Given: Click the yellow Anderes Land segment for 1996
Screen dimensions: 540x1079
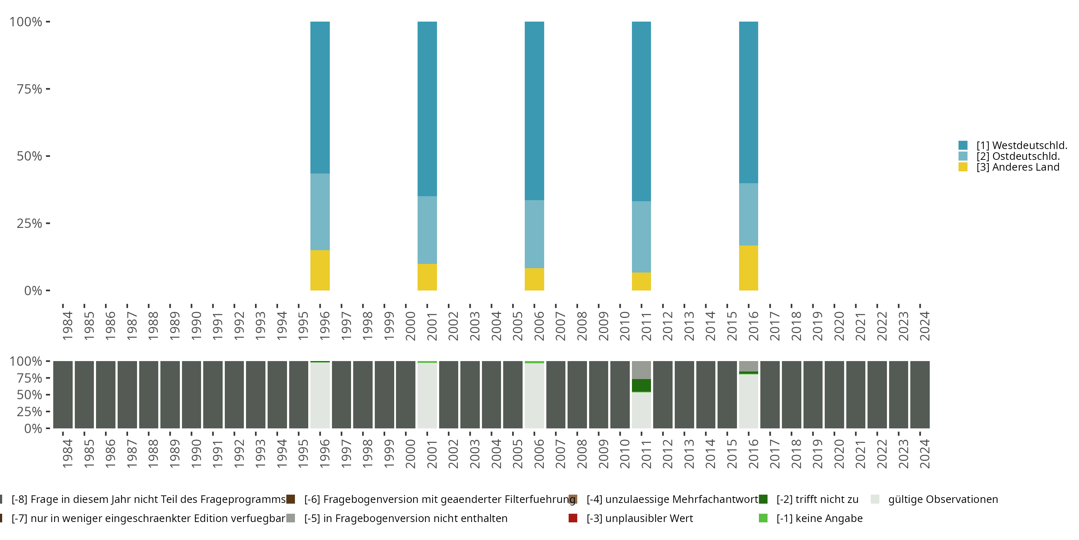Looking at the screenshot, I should (x=320, y=270).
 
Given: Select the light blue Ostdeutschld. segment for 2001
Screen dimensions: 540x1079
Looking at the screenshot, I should (x=427, y=230).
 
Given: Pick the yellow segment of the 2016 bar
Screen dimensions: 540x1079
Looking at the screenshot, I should (x=748, y=268).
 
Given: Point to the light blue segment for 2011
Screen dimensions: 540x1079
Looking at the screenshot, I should (x=641, y=237).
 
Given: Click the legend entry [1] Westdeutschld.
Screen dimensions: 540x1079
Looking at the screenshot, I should (x=1021, y=145).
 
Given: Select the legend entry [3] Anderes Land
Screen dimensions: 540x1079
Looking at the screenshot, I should (x=1017, y=167).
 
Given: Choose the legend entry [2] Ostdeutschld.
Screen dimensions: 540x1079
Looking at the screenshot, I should (x=1017, y=156).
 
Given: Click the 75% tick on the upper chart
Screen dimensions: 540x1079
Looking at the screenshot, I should (x=29, y=89).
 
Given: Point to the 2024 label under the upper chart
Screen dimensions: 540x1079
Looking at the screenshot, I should (x=924, y=326).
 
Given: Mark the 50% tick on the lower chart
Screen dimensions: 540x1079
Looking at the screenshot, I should (x=29, y=395).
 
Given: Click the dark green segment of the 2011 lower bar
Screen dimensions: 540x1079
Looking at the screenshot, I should (x=641, y=385).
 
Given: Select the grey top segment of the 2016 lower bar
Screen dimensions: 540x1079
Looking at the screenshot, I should (x=748, y=366).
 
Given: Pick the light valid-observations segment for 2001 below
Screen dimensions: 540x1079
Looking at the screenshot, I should (x=427, y=395).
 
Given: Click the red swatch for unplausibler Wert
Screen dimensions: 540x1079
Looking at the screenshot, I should (x=573, y=518).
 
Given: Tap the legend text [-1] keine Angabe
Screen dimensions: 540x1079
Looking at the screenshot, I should (x=819, y=518).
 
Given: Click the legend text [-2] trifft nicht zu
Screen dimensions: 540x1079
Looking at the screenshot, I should (x=817, y=499).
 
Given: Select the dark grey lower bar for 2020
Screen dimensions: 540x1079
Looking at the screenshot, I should (x=834, y=395).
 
